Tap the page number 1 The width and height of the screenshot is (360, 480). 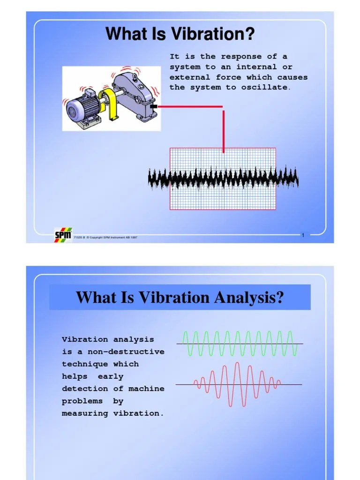pos(303,235)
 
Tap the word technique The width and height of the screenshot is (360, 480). pos(85,364)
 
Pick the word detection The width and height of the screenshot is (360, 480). pos(85,389)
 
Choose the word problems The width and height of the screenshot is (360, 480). pos(82,401)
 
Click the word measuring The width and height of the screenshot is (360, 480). pos(85,413)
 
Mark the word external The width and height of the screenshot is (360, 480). pos(190,77)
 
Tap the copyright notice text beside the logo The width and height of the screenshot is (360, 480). pos(105,238)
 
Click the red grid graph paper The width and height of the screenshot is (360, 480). pos(223,197)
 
